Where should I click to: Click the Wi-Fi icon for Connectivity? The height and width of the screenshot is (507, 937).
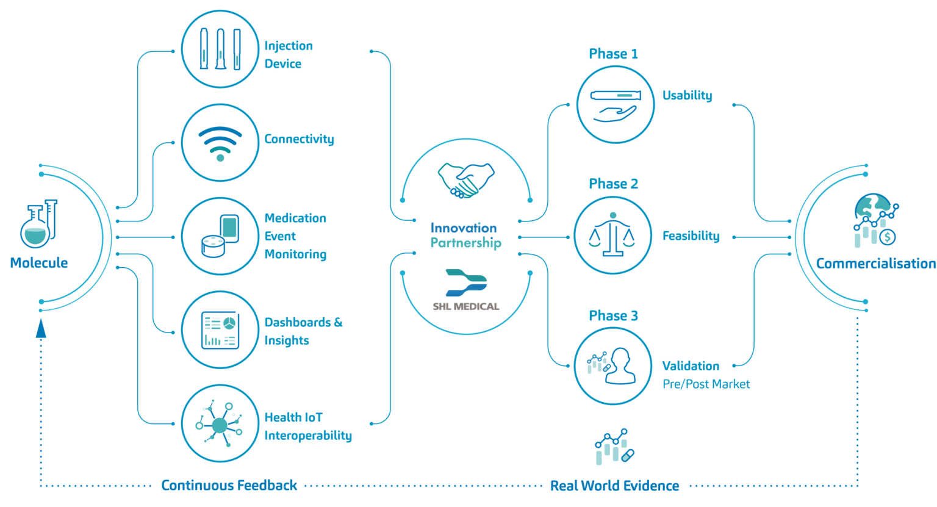[x=220, y=143]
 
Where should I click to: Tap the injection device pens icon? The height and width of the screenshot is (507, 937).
[x=220, y=49]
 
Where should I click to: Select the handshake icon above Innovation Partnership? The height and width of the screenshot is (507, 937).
[x=466, y=180]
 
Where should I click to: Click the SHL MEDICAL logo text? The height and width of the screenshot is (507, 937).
[x=466, y=306]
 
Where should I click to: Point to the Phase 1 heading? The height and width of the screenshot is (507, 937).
[x=613, y=54]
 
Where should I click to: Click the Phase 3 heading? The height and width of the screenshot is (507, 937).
[x=613, y=315]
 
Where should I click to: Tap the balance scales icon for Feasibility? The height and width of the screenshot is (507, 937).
[x=612, y=235]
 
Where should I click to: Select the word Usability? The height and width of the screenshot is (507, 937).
[x=687, y=95]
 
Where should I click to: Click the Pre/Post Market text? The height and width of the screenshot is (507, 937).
[x=706, y=384]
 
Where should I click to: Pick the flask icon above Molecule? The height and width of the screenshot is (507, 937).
[x=39, y=223]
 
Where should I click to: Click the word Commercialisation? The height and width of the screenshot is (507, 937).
[x=875, y=264]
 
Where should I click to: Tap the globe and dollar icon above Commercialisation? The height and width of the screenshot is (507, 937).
[x=876, y=220]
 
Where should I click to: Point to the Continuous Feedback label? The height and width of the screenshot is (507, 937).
[x=229, y=486]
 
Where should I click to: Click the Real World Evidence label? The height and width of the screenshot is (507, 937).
[x=614, y=486]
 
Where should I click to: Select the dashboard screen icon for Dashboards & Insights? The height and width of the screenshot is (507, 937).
[x=220, y=330]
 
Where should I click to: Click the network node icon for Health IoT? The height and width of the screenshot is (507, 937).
[x=220, y=423]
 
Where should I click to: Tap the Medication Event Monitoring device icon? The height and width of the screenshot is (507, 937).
[x=220, y=237]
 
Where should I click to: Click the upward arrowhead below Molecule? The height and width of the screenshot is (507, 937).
[x=41, y=329]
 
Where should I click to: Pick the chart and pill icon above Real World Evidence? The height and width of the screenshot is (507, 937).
[x=614, y=447]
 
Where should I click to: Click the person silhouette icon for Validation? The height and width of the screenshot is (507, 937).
[x=619, y=366]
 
